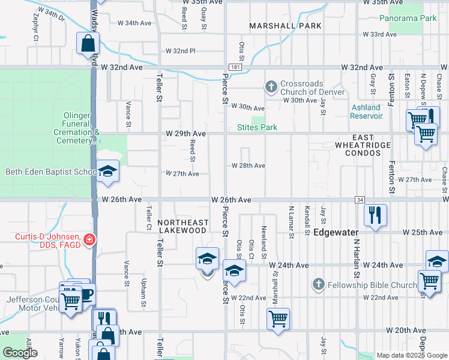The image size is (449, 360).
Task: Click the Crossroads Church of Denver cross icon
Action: click(x=271, y=88)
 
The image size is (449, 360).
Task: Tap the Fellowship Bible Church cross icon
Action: click(x=318, y=284)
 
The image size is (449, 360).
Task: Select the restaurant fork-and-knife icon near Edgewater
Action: click(x=375, y=215)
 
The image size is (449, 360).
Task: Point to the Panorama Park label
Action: click(x=408, y=19)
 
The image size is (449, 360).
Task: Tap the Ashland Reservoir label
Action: click(x=366, y=111)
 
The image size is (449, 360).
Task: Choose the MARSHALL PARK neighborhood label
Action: click(x=285, y=26)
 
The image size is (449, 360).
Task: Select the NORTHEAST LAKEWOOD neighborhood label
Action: click(x=182, y=226)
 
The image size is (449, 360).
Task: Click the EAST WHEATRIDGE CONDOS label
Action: click(x=359, y=149)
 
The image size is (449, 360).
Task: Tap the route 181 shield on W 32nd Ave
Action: click(x=235, y=68)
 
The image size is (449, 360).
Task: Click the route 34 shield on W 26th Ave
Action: click(x=360, y=199)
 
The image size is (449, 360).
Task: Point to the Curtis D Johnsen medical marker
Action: click(x=89, y=240)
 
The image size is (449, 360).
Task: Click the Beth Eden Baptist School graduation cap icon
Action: click(x=108, y=171)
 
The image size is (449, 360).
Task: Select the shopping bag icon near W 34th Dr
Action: click(x=88, y=43)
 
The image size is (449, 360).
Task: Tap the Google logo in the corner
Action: click(x=20, y=353)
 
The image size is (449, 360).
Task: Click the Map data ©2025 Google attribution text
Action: click(x=412, y=355)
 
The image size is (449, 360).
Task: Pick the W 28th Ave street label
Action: click(x=248, y=166)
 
